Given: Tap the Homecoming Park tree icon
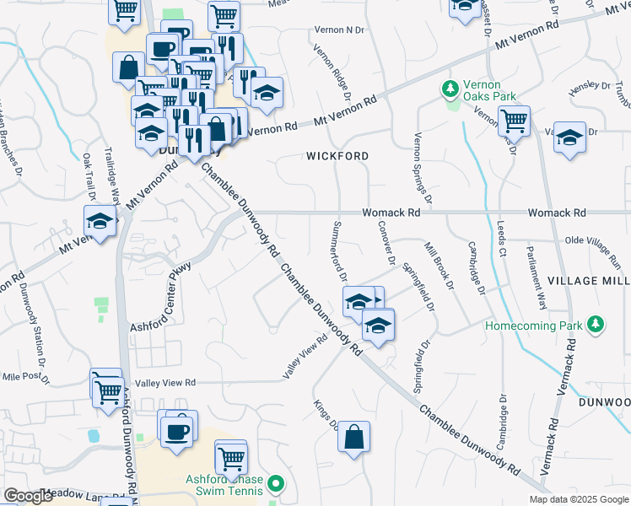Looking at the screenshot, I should [596, 325].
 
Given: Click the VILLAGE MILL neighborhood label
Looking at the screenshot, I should [589, 280].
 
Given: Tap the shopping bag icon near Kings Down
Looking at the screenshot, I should [353, 438].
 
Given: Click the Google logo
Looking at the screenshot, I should [28, 496].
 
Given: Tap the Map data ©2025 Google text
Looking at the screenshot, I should [578, 499].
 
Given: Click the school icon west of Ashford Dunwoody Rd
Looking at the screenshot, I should [100, 223].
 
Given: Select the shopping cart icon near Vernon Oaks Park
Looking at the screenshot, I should [513, 121].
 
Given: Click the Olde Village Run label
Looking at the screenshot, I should [598, 245].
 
